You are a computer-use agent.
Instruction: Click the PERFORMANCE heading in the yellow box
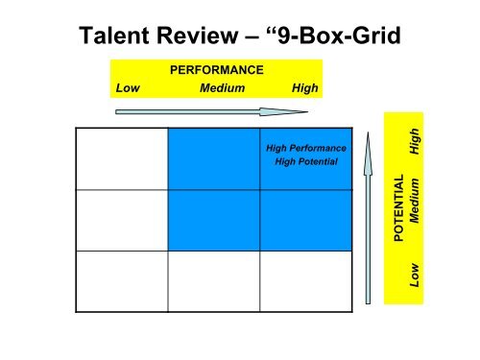(216, 70)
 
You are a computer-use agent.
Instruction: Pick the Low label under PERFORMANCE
(127, 87)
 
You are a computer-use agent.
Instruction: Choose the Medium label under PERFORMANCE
(222, 87)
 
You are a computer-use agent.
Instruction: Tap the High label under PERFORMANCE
(303, 87)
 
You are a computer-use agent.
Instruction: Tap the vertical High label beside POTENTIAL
(416, 142)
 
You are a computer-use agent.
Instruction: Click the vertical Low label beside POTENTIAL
(416, 276)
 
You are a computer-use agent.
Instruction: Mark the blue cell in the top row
(213, 158)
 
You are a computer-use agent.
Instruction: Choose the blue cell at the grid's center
(213, 220)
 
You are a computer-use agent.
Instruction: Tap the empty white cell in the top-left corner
(122, 158)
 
